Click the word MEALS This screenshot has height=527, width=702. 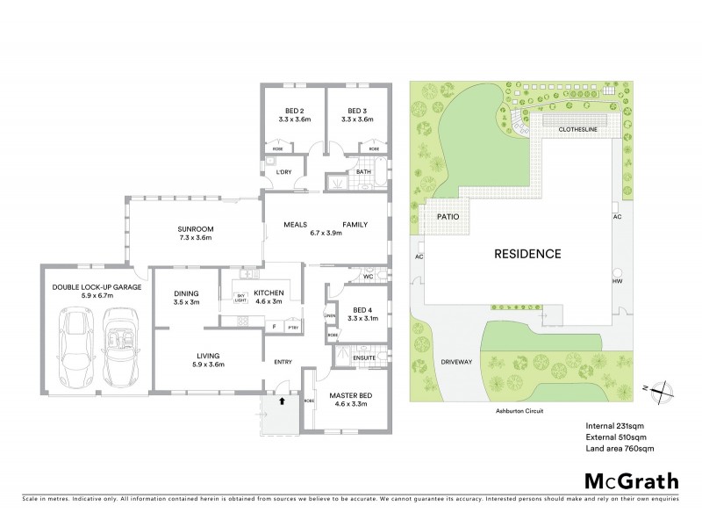coord(295,225)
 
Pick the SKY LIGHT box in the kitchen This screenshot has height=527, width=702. coord(240,298)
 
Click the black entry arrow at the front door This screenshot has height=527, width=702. coord(282,401)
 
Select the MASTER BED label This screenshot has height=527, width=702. coord(349,396)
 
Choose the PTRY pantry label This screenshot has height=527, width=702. coord(293,328)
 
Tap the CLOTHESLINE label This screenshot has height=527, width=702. coord(580,130)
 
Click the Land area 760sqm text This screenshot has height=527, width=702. coord(620,449)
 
